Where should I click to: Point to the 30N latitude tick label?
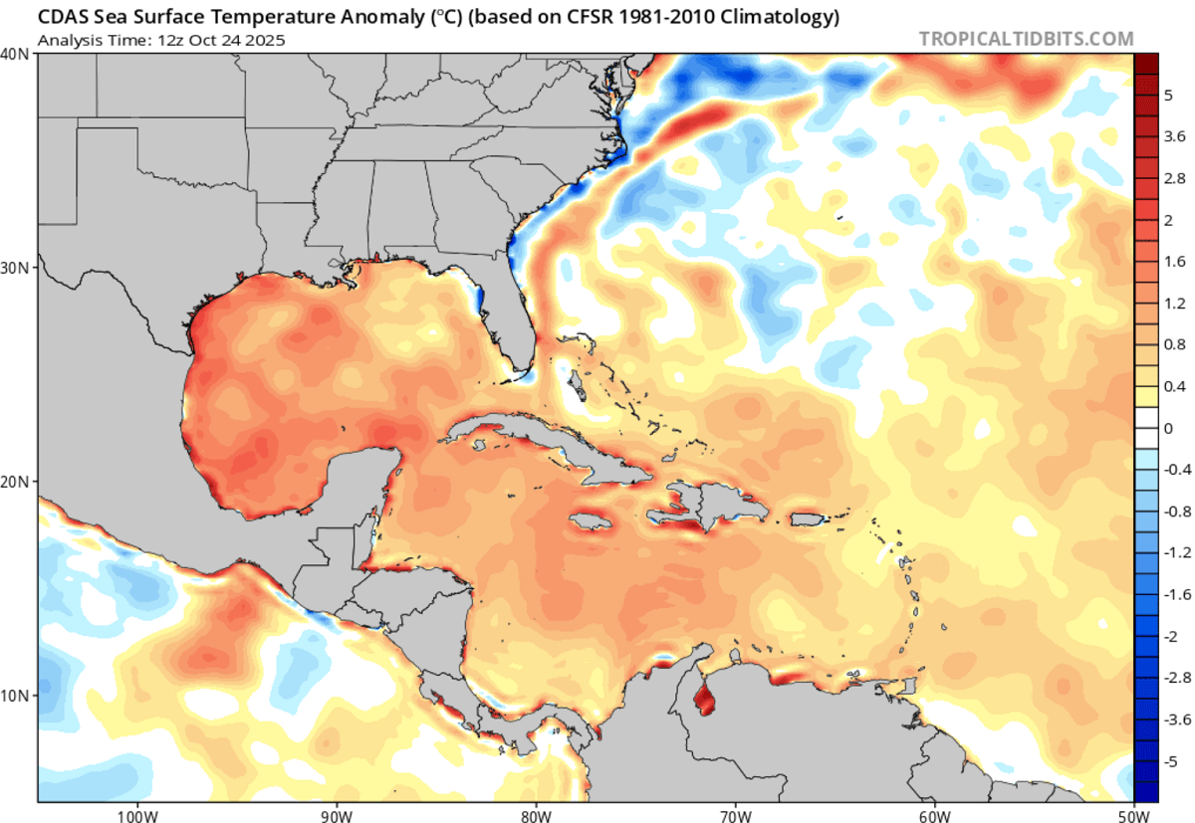pyautogui.click(x=16, y=268)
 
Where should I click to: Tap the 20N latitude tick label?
pyautogui.click(x=16, y=481)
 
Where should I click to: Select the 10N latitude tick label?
pyautogui.click(x=16, y=694)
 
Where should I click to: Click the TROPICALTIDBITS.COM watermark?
pyautogui.click(x=1026, y=39)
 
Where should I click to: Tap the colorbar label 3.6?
pyautogui.click(x=1175, y=135)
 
